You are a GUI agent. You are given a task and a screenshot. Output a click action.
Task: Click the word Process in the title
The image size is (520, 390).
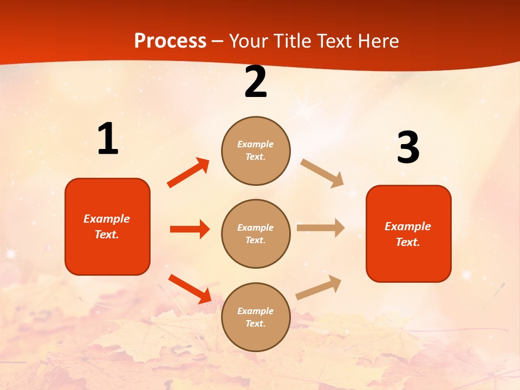click(170, 41)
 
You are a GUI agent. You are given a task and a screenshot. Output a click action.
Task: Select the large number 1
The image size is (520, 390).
click(108, 139)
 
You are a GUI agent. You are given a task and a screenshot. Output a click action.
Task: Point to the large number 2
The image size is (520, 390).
click(256, 82)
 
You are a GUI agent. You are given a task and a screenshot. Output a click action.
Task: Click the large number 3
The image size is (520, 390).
click(408, 147)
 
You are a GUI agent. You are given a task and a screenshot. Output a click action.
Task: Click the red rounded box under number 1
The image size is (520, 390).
click(107, 226)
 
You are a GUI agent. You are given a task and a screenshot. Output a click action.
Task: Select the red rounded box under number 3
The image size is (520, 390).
click(408, 233)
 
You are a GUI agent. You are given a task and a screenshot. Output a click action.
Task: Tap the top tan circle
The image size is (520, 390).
click(256, 151)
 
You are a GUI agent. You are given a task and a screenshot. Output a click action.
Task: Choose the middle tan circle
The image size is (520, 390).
click(256, 233)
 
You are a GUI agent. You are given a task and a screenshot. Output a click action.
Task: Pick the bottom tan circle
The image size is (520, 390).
click(256, 317)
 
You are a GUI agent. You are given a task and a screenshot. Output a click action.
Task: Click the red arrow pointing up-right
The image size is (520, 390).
click(188, 173)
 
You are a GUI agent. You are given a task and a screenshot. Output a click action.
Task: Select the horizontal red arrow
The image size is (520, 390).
click(190, 229)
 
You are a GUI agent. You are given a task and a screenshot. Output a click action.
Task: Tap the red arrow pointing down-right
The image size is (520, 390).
click(190, 289)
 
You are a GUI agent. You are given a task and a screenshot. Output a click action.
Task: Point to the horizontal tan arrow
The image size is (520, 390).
click(321, 227)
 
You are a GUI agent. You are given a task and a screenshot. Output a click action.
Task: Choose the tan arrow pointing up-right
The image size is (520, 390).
click(318, 287)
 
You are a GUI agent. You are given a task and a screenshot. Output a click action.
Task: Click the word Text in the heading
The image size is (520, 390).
click(333, 41)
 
